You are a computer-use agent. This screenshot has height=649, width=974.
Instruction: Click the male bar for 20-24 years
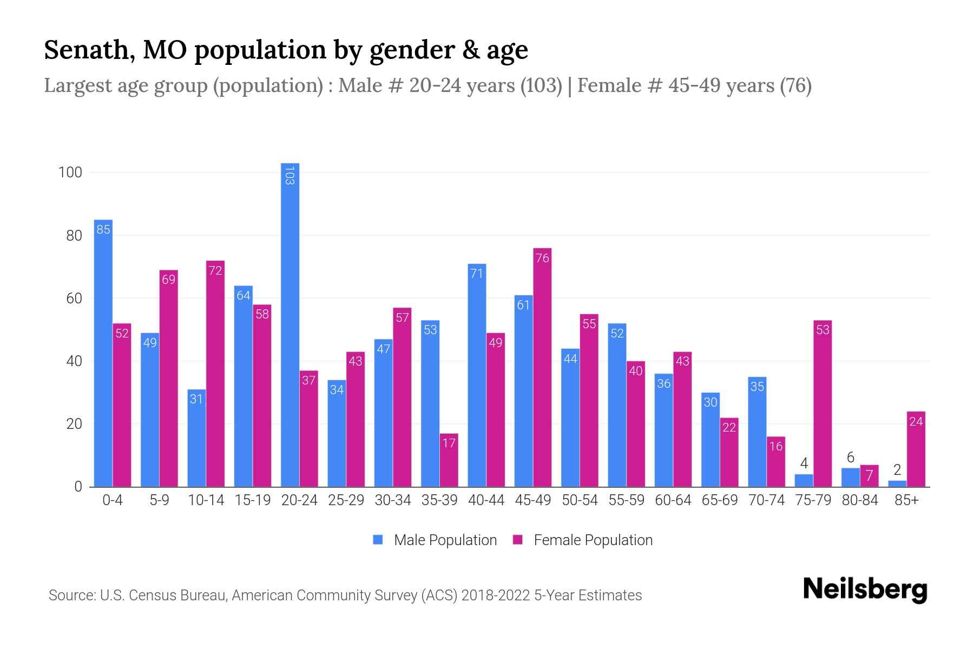(x=290, y=325)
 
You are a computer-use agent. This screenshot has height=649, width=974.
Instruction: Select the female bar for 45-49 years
(x=542, y=368)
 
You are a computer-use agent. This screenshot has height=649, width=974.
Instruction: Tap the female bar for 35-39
(x=449, y=460)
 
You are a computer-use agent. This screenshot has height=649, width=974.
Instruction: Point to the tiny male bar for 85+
(x=897, y=484)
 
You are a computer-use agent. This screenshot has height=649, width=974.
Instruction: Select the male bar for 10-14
(x=196, y=438)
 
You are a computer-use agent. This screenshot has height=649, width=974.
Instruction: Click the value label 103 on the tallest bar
(x=289, y=176)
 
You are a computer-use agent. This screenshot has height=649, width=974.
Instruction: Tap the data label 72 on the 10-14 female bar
(x=215, y=270)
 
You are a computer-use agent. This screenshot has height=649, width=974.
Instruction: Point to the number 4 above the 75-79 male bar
(x=804, y=463)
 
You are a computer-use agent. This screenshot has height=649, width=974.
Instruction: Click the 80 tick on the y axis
(x=74, y=236)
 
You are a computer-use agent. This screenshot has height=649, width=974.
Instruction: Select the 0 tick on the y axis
(x=78, y=487)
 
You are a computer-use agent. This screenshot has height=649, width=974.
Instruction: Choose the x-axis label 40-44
(x=486, y=500)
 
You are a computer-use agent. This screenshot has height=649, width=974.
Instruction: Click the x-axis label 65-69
(x=719, y=500)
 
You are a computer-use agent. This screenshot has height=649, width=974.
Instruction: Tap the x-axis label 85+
(x=906, y=500)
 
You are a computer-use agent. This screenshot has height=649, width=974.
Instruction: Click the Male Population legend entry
(x=445, y=540)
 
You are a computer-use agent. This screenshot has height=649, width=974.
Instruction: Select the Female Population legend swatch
(x=518, y=540)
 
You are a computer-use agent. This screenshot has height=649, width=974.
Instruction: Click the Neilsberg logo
(x=865, y=590)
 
